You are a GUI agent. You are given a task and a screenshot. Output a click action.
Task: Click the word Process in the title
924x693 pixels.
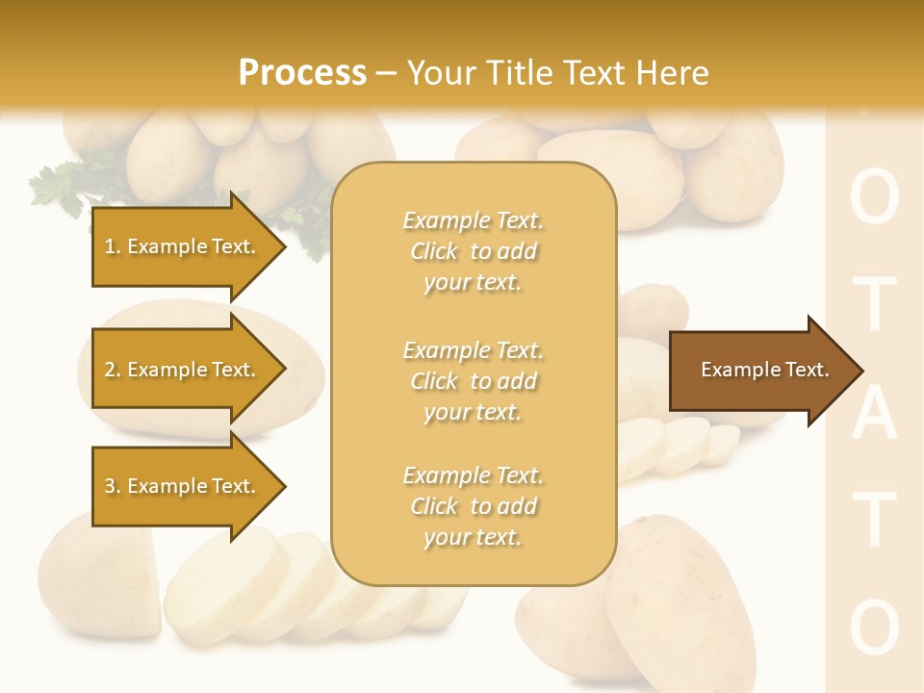tap(302, 73)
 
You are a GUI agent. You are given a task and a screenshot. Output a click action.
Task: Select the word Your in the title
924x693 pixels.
tap(444, 73)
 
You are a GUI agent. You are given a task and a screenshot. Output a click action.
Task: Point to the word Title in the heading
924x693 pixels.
tap(524, 73)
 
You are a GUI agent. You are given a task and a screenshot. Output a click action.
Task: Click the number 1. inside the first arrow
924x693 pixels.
tap(113, 246)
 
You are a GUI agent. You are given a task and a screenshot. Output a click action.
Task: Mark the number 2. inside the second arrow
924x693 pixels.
tap(113, 370)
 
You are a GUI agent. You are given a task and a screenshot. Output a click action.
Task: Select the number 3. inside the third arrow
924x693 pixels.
tap(113, 486)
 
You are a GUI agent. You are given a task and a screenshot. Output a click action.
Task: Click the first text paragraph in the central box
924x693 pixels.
tap(473, 251)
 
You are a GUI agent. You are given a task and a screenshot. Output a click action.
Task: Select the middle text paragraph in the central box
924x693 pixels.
tap(473, 381)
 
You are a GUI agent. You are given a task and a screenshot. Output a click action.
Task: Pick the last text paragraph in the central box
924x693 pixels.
tap(473, 506)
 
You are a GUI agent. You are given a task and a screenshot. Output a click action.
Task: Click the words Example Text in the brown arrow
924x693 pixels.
tap(764, 370)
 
